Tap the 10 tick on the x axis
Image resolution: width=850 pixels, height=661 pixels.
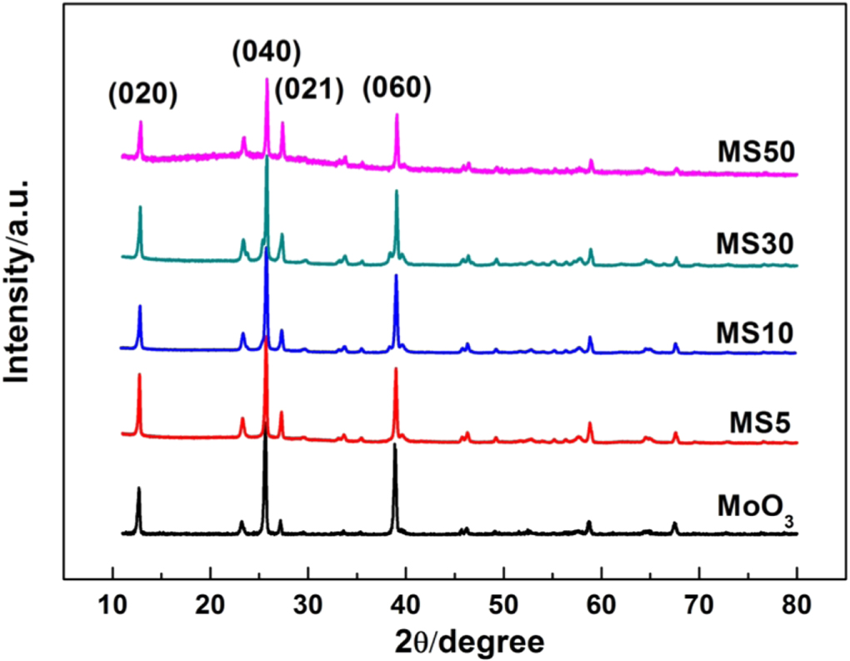click(x=112, y=601)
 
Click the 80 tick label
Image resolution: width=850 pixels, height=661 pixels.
click(x=797, y=601)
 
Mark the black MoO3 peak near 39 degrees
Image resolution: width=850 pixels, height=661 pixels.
click(x=395, y=446)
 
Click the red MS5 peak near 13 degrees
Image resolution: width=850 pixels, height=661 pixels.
click(x=139, y=375)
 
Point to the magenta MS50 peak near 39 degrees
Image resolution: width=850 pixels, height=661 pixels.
click(x=397, y=115)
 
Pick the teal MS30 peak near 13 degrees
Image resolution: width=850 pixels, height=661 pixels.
click(x=140, y=208)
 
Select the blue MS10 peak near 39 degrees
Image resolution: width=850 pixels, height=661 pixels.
click(x=396, y=276)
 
